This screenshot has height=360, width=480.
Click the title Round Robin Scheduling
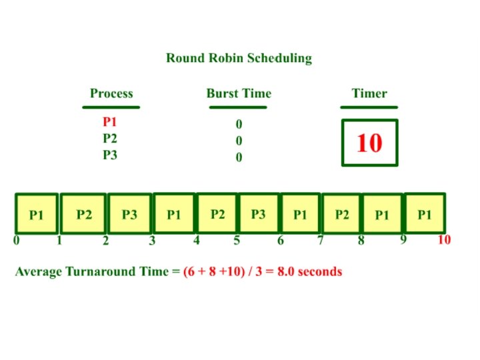(239, 58)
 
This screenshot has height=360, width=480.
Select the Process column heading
(111, 93)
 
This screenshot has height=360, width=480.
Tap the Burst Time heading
(239, 93)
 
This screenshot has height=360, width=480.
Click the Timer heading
(369, 93)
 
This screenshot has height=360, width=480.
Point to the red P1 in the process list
(110, 123)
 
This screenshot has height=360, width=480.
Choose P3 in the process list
(110, 155)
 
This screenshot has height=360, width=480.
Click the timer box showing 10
(369, 143)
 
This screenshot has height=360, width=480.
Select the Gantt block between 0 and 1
(36, 215)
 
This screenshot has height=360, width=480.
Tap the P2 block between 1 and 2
(83, 215)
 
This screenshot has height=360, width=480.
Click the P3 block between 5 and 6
(259, 214)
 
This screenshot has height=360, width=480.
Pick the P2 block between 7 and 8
(341, 215)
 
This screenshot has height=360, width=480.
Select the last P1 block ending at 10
(424, 215)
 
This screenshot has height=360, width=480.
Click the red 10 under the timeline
(444, 240)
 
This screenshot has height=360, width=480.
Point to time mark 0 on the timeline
(16, 241)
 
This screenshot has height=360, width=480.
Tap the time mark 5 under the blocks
(237, 241)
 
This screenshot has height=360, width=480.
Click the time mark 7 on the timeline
(321, 241)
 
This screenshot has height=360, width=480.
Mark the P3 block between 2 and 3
(129, 215)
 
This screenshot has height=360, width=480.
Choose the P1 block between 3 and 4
(174, 215)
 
